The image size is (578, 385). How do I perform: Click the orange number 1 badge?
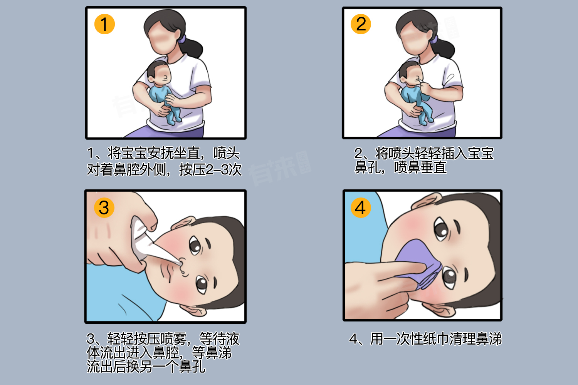(104, 24)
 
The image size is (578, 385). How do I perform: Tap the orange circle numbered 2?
(361, 24)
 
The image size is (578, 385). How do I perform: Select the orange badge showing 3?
(104, 208)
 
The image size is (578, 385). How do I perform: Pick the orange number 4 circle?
(360, 208)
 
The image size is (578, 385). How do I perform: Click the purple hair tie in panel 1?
(182, 39)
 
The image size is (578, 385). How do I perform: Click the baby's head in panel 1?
(158, 73)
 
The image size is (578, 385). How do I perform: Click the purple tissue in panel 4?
(418, 263)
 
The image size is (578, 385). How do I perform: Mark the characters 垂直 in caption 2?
(433, 167)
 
